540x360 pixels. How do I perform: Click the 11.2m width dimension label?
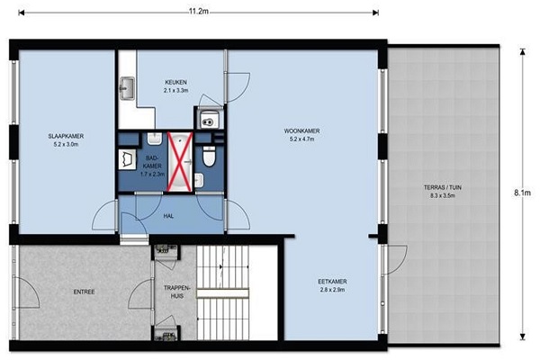pyautogui.click(x=199, y=11)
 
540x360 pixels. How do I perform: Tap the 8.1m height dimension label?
pyautogui.click(x=522, y=193)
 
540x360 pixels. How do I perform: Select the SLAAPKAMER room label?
pyautogui.click(x=66, y=136)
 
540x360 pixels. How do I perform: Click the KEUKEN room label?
pyautogui.click(x=175, y=82)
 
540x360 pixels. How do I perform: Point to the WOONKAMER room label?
pyautogui.click(x=301, y=130)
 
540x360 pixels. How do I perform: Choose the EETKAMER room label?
pyautogui.click(x=332, y=282)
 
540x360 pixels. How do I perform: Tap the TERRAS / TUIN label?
pyautogui.click(x=442, y=188)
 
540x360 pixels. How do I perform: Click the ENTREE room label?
pyautogui.click(x=84, y=292)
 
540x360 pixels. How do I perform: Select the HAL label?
pyautogui.click(x=168, y=216)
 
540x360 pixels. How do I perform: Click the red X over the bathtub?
pyautogui.click(x=179, y=162)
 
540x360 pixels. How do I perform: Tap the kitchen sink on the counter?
pyautogui.click(x=127, y=88)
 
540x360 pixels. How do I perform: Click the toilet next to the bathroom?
pyautogui.click(x=209, y=156)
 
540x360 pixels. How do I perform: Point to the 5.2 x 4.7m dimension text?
pyautogui.click(x=302, y=139)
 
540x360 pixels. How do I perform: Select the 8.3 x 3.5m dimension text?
pyautogui.click(x=443, y=195)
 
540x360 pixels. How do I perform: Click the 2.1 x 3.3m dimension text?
pyautogui.click(x=176, y=91)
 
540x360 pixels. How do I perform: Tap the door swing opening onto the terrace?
pyautogui.click(x=396, y=260)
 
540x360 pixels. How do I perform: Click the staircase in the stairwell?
pyautogui.click(x=222, y=292)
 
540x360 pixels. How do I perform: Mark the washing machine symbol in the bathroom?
pyautogui.click(x=126, y=159)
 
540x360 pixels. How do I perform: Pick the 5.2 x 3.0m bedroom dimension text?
pyautogui.click(x=66, y=144)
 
